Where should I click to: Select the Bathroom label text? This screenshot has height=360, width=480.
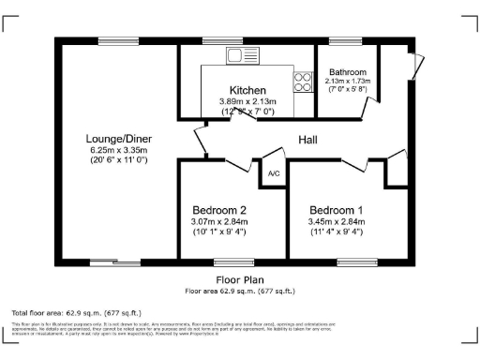click(347, 72)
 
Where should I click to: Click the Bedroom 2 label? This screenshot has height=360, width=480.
click(219, 209)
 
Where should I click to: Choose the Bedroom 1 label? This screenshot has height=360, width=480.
click(337, 209)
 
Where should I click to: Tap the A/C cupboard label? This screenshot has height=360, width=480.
click(274, 174)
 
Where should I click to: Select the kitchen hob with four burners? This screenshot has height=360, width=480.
click(304, 82)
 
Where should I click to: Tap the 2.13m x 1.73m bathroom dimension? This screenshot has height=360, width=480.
click(347, 82)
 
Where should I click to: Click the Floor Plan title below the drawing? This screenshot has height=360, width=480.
click(239, 279)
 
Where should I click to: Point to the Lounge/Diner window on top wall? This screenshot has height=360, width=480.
click(113, 40)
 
